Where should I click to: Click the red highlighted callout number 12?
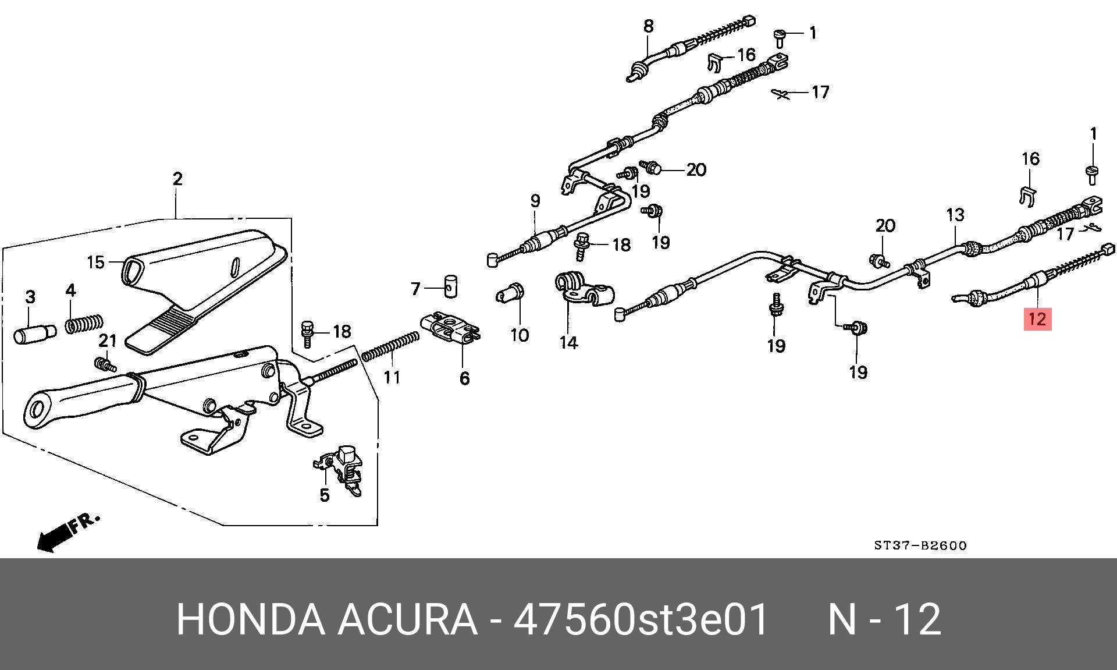[x=1037, y=319]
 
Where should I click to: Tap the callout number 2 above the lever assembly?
[x=177, y=179]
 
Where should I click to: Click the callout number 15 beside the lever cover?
[x=95, y=262]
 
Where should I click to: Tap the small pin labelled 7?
[x=451, y=286]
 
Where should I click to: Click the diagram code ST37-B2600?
[x=920, y=545]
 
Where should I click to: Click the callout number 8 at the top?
[x=648, y=26]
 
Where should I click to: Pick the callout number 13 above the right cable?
[x=955, y=215]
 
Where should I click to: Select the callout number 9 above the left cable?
[x=535, y=201]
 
